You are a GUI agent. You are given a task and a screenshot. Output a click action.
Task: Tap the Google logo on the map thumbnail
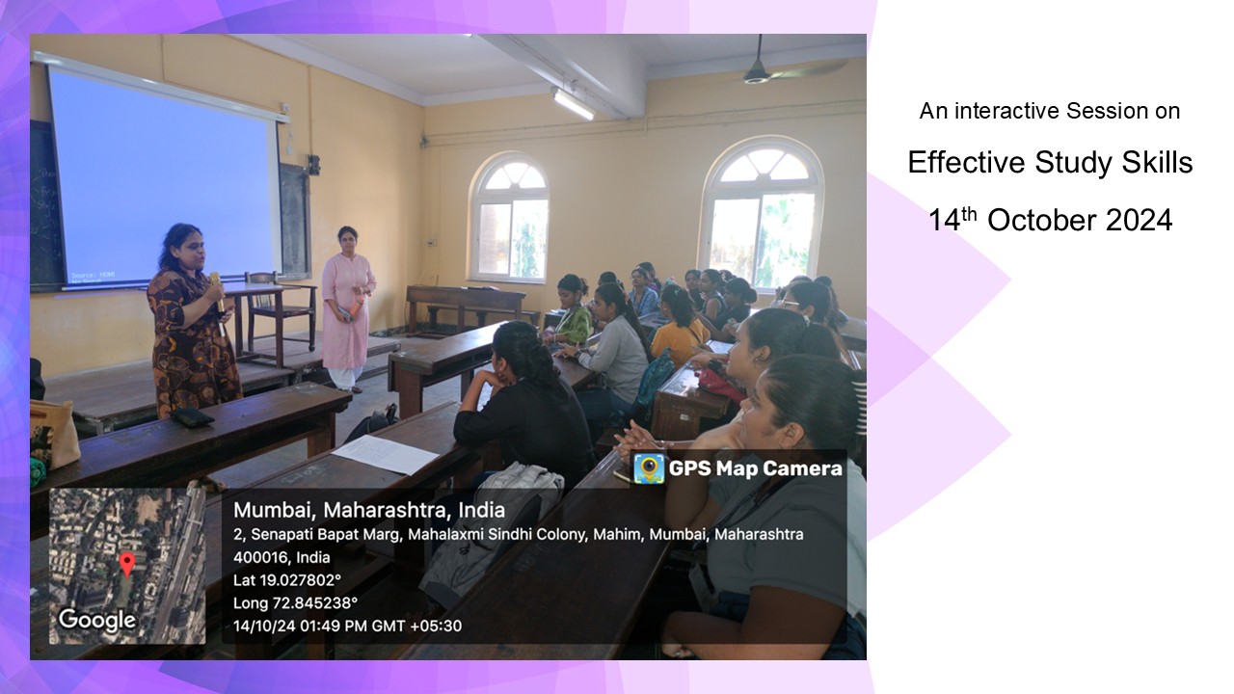tap(97, 620)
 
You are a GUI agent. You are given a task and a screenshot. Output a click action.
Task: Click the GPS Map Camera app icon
tap(649, 468)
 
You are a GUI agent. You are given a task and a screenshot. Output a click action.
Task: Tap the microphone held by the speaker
tap(217, 291)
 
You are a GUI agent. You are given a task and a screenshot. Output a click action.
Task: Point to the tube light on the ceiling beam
tap(573, 103)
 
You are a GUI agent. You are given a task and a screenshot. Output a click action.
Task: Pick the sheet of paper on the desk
tap(386, 454)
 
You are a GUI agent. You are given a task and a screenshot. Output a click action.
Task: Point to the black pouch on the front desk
tap(191, 416)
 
